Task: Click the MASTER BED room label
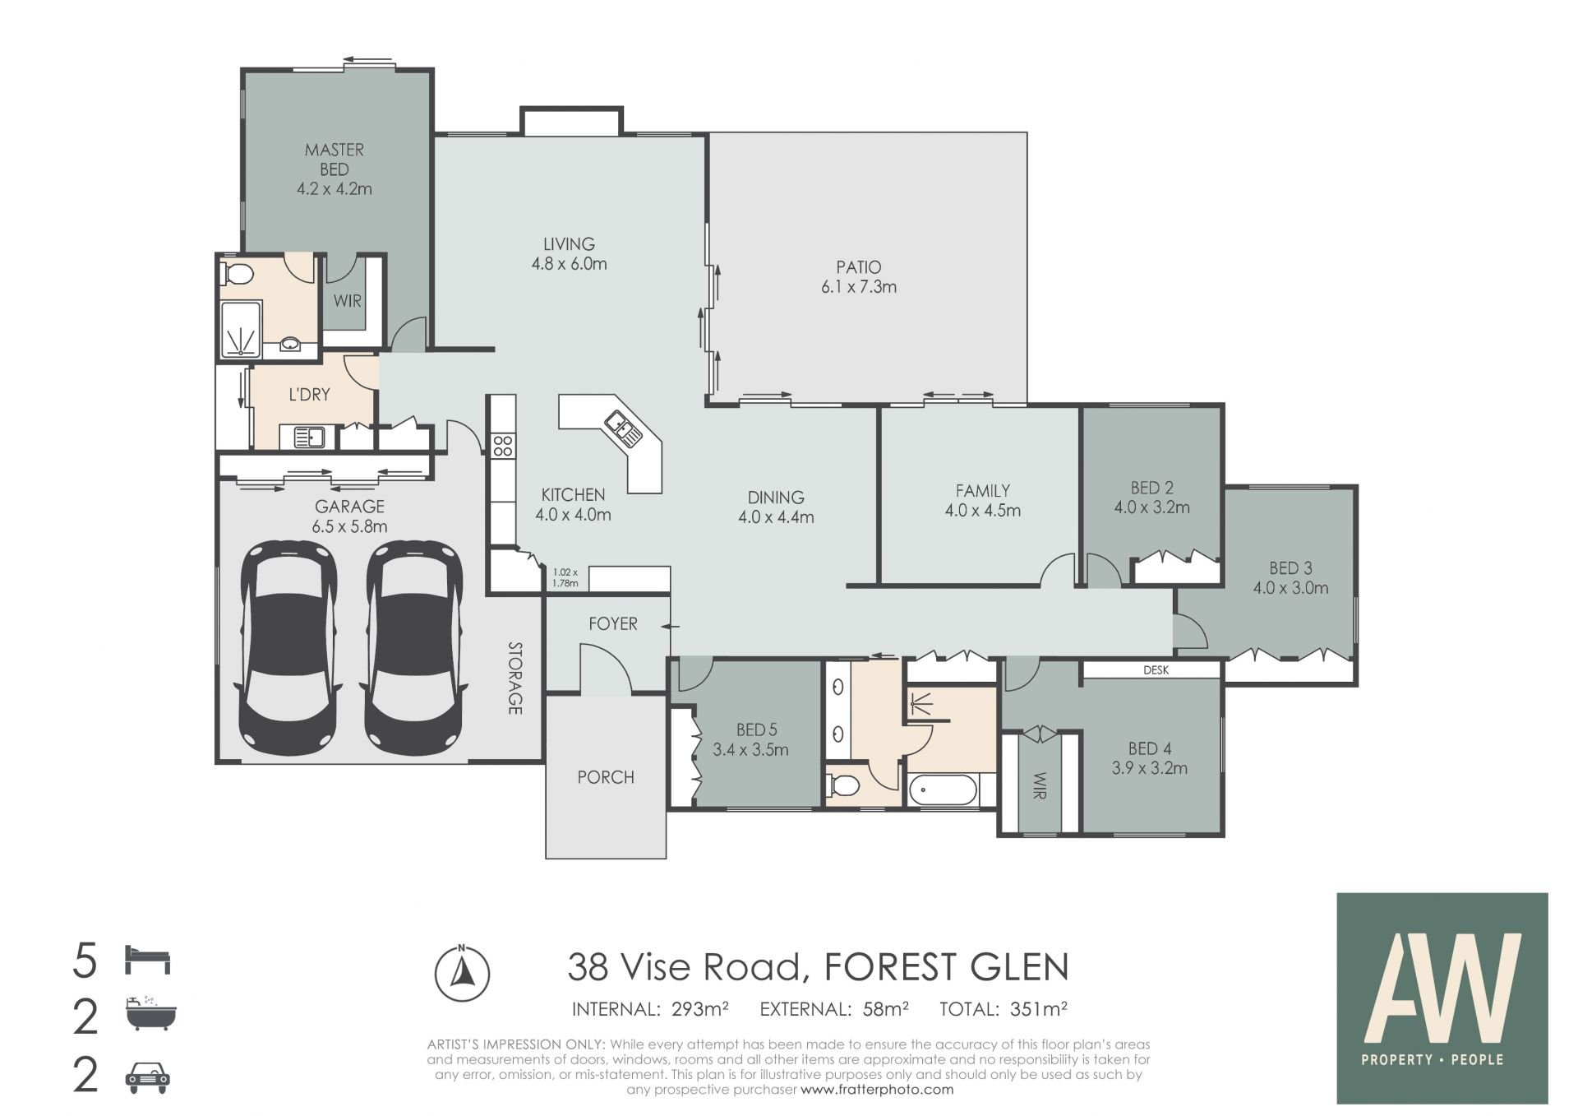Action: (334, 160)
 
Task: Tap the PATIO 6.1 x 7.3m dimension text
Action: (858, 287)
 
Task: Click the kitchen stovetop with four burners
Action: (502, 447)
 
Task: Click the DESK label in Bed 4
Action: (1156, 670)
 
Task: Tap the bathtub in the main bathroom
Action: (944, 792)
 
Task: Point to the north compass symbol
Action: (462, 973)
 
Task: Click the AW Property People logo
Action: (1442, 998)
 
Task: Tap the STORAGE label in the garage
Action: (515, 678)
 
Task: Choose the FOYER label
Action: (612, 623)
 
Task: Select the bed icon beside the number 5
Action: (147, 960)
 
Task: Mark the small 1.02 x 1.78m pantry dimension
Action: (565, 577)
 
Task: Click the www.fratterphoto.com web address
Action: (877, 1090)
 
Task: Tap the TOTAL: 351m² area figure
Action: (1003, 1009)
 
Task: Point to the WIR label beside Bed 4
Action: (1040, 785)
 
